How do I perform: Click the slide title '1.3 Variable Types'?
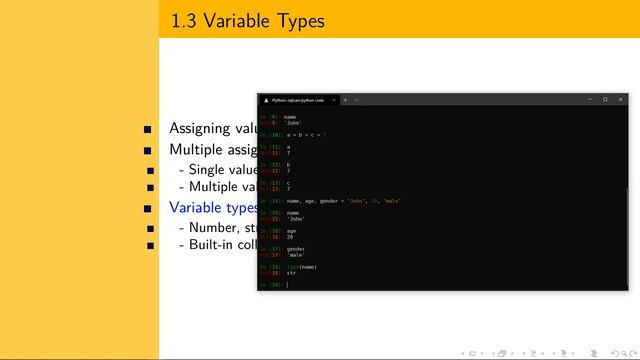point(247,20)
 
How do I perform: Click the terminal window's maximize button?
point(604,99)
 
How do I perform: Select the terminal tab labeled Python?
point(298,100)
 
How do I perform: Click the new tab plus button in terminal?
point(345,100)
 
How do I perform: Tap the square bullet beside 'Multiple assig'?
point(148,150)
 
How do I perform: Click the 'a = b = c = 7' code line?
point(306,133)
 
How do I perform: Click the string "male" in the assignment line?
point(393,200)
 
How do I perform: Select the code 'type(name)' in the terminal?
point(301,267)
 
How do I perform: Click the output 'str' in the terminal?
point(291,272)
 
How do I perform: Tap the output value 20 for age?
point(289,236)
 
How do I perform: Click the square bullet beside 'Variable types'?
point(148,208)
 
